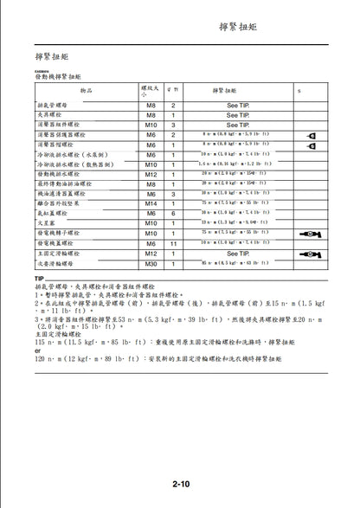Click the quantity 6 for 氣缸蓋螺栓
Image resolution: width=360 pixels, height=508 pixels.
click(174, 213)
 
